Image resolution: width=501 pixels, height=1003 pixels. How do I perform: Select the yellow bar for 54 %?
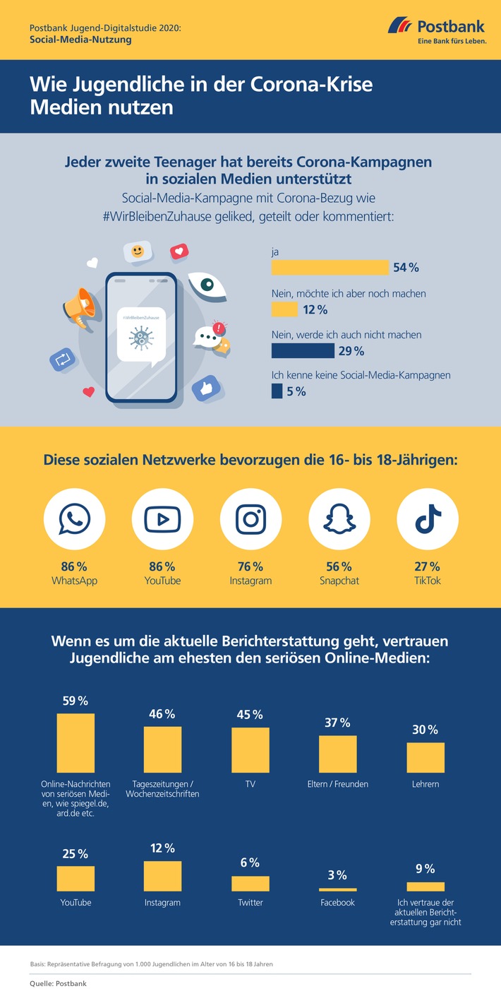tap(330, 267)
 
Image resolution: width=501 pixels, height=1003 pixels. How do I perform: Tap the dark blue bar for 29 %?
tap(303, 350)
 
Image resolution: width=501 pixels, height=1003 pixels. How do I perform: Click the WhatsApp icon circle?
tap(75, 519)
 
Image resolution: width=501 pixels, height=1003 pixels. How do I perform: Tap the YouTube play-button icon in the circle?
tap(163, 519)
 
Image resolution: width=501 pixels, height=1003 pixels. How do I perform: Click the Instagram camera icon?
tap(251, 519)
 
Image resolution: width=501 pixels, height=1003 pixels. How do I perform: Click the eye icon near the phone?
tap(207, 284)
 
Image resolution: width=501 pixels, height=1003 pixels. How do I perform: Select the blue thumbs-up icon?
tap(206, 388)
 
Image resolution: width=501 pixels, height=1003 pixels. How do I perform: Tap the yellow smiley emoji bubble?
tap(138, 251)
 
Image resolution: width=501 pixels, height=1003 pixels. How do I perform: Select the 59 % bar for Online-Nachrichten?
tap(76, 743)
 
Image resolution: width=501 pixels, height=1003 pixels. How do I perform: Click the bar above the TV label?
tap(250, 750)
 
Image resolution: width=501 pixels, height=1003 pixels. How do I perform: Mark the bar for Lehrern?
tap(425, 757)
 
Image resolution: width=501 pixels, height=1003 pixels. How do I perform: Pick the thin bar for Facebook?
tap(338, 889)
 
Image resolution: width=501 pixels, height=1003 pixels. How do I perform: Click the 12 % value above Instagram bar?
tap(163, 848)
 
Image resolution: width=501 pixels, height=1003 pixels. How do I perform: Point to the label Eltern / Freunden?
tap(339, 783)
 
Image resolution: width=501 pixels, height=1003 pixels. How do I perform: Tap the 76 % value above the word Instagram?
tap(251, 566)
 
